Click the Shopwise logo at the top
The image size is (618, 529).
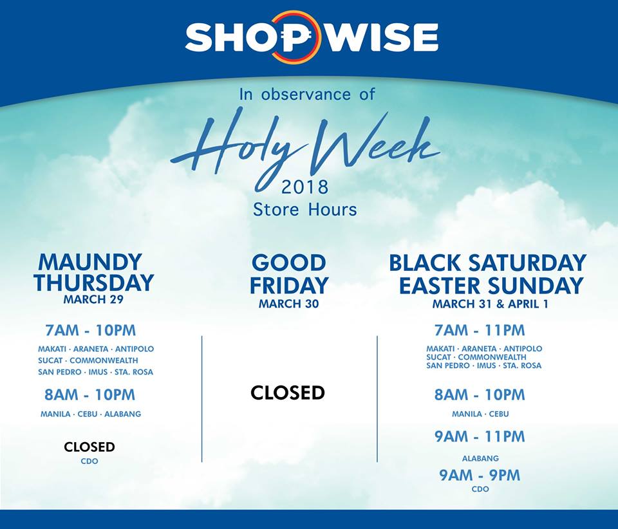point(312,37)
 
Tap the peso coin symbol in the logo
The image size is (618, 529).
point(293,37)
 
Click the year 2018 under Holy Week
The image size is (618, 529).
point(304,187)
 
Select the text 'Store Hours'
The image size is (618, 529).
point(304,210)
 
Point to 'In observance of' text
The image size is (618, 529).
point(307,94)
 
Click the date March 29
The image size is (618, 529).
point(93,299)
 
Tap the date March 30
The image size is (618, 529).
point(288,304)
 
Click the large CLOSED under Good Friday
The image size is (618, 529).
point(288,393)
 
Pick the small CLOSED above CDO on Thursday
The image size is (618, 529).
point(89,447)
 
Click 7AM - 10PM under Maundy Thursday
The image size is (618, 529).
point(91,331)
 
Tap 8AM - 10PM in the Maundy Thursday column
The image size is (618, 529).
point(90,394)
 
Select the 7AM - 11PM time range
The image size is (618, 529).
point(480,331)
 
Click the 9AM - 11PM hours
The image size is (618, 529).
point(480,437)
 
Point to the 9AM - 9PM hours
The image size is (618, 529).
point(480,476)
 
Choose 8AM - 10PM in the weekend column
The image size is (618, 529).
point(480,394)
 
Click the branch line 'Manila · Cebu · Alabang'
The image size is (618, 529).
point(91,414)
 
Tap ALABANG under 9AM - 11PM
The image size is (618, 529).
point(480,458)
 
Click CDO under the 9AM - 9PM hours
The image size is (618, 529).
point(480,490)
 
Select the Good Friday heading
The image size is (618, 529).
point(289,274)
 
